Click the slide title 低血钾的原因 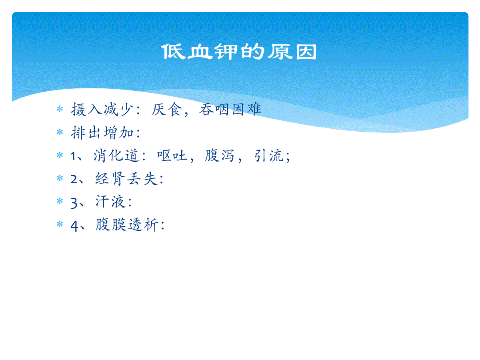point(239,52)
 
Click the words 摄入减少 point(102,109)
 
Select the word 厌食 point(167,109)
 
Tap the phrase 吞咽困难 point(230,109)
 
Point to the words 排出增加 point(102,132)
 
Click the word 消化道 point(116,156)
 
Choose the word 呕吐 point(172,156)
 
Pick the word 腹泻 point(219,156)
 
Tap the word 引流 point(269,156)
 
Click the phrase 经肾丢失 point(126,178)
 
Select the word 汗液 point(110,202)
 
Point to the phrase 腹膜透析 point(127,225)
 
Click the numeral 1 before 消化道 point(73,156)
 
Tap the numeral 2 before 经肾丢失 point(74,179)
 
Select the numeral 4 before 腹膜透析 point(74,226)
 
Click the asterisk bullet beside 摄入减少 point(60,109)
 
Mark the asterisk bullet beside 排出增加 point(60,132)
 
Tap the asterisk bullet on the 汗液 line point(60,201)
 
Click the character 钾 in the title point(226,52)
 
